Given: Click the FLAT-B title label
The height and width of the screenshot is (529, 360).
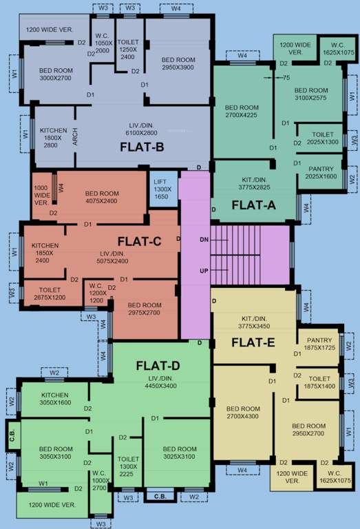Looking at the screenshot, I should click(142, 146).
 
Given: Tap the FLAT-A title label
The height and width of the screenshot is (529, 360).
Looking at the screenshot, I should click(253, 204).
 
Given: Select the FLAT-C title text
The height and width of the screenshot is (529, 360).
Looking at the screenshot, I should click(138, 241).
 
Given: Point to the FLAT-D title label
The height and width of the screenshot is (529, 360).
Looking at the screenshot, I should click(158, 365).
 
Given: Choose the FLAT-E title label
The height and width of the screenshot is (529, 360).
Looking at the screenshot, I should click(253, 342).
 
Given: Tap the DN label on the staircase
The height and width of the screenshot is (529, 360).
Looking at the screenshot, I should click(204, 240).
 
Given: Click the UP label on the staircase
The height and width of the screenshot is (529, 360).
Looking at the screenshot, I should click(204, 271).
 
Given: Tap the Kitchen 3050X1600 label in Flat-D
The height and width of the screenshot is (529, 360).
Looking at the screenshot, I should click(54, 399).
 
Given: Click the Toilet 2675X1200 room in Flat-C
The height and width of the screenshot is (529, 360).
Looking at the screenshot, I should click(50, 294).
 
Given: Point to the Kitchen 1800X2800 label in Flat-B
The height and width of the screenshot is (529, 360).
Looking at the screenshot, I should click(53, 138).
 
